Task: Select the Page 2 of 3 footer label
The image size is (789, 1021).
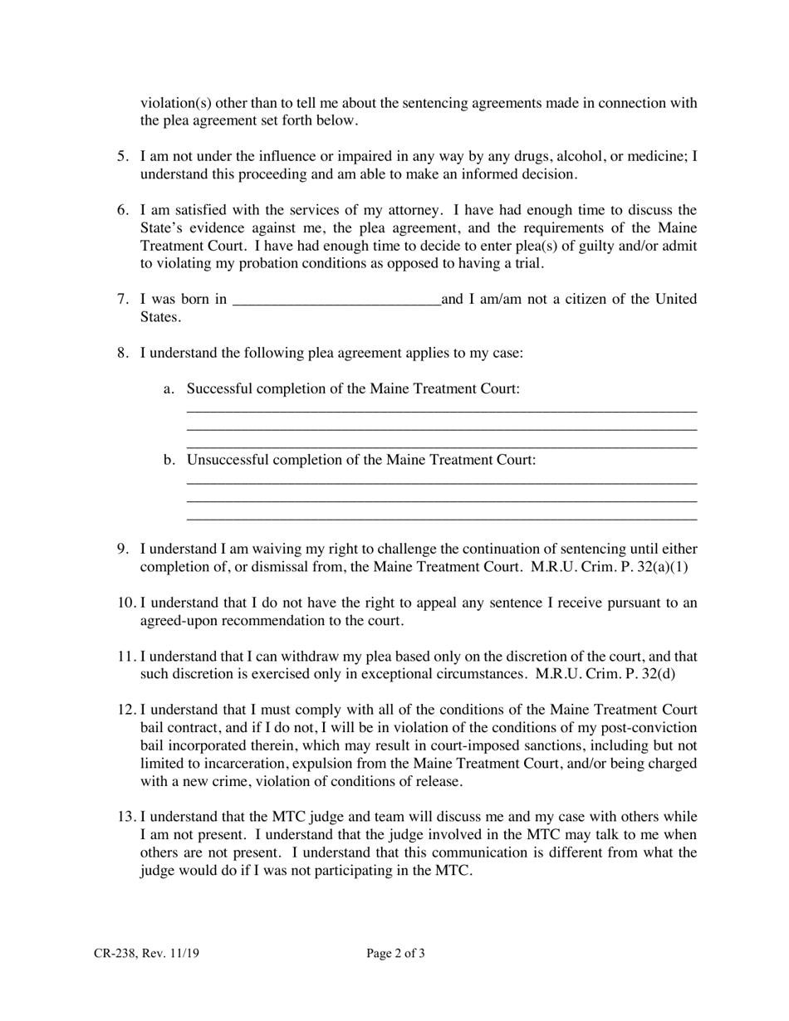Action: pos(395,954)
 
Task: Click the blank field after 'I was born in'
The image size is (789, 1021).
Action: pos(336,300)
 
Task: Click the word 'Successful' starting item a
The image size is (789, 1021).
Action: pos(218,388)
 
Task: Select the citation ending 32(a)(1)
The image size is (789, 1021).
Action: pos(609,567)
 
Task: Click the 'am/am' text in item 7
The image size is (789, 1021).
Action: pos(504,299)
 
